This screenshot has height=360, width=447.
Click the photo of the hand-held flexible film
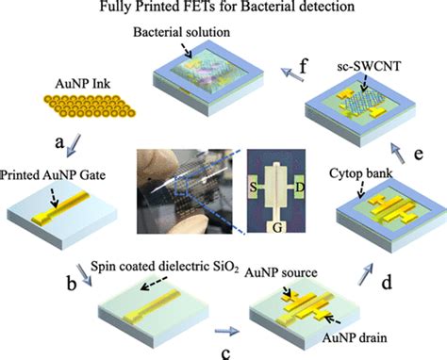click(x=175, y=188)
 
